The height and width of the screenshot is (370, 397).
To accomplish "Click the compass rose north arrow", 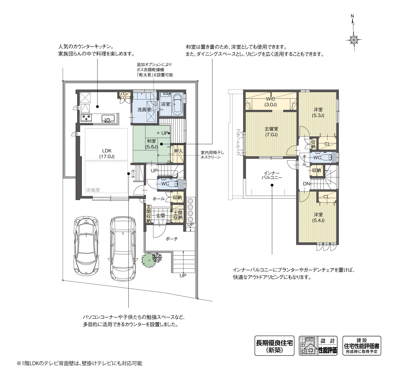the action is pyautogui.click(x=354, y=33).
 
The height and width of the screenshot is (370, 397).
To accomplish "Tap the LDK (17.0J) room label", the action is pyautogui.click(x=107, y=154).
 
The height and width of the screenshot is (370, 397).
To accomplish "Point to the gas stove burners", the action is pyautogui.click(x=86, y=117).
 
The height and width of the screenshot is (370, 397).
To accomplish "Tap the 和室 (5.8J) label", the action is pyautogui.click(x=152, y=144).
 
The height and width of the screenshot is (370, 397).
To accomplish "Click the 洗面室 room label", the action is pyautogui.click(x=144, y=110).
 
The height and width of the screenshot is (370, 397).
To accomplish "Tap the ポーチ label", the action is pyautogui.click(x=172, y=239).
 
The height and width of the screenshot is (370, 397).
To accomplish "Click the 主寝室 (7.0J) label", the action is pyautogui.click(x=271, y=132).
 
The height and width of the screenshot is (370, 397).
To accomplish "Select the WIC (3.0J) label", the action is pyautogui.click(x=271, y=102).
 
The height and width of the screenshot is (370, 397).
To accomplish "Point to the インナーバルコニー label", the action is pyautogui.click(x=272, y=175).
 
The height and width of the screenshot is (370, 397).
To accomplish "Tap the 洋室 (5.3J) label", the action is pyautogui.click(x=318, y=112).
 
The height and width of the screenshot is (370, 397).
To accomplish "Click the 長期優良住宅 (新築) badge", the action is pyautogui.click(x=274, y=346).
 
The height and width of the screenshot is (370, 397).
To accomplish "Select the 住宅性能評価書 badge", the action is pyautogui.click(x=362, y=346).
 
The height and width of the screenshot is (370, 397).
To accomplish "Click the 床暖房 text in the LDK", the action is pyautogui.click(x=93, y=190).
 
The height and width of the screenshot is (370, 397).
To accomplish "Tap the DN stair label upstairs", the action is pyautogui.click(x=306, y=184).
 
